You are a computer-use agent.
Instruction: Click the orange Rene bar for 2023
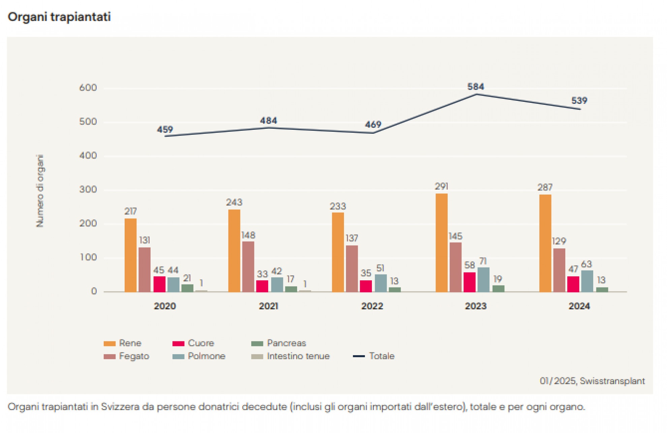point(441,243)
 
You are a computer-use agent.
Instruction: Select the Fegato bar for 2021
point(248,267)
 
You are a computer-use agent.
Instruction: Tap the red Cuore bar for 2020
point(159,284)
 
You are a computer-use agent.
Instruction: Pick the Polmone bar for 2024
point(587,281)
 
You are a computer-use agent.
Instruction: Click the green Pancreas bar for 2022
point(395,289)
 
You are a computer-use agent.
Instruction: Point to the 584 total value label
point(476,87)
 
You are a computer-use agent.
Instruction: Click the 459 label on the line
point(165,129)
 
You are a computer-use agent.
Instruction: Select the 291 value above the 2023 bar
point(441,186)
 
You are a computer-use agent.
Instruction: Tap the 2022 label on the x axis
point(372,306)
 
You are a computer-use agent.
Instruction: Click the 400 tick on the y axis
point(88,156)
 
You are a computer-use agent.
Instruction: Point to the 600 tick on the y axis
point(88,88)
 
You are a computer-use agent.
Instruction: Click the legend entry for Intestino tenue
point(298,356)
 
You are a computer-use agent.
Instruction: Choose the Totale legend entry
point(381,356)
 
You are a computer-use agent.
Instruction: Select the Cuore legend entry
point(201,343)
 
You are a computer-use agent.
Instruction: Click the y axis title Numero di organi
point(40,191)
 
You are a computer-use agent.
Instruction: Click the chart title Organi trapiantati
point(59,17)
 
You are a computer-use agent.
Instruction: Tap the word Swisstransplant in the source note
point(612,381)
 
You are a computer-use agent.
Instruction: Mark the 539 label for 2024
point(579,100)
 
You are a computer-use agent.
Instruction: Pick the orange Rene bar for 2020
point(131,255)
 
